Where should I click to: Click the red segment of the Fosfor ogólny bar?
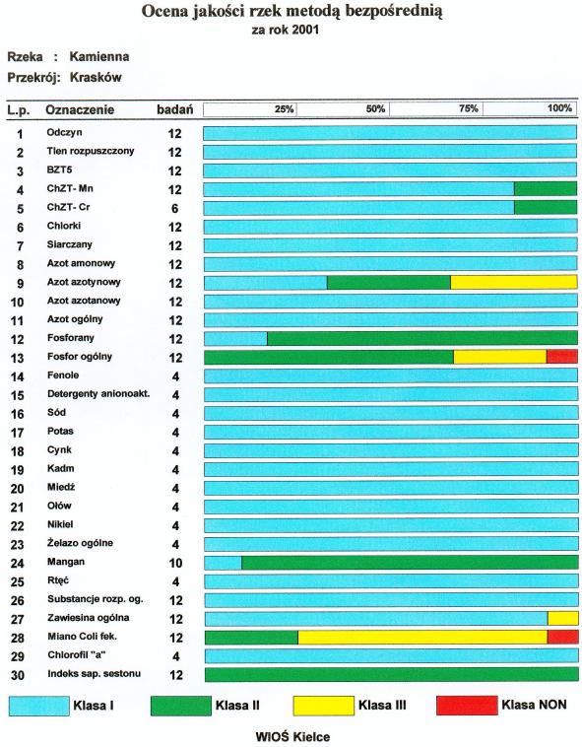point(562,357)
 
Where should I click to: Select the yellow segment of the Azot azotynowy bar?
point(514,283)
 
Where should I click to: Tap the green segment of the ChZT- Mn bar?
point(546,189)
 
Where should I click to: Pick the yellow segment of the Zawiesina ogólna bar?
point(563,618)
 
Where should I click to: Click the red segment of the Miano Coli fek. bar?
point(563,637)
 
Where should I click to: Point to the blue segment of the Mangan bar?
point(224,563)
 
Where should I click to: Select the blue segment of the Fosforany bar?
point(236,338)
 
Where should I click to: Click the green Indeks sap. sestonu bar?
point(392,675)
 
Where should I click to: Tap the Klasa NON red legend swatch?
point(467,706)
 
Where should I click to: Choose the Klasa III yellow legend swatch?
point(324,706)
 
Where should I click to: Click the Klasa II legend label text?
point(237,705)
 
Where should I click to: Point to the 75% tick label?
point(469,108)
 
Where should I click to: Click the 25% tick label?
point(284,109)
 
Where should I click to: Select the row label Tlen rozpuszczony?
point(91,151)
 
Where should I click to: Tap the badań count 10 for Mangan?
point(175,563)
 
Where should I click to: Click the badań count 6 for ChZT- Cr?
point(175,208)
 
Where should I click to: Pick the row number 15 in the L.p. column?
point(17,395)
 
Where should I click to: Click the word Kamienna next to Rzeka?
point(99,57)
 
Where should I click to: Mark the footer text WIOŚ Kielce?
point(292,736)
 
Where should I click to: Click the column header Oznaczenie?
point(80,110)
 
